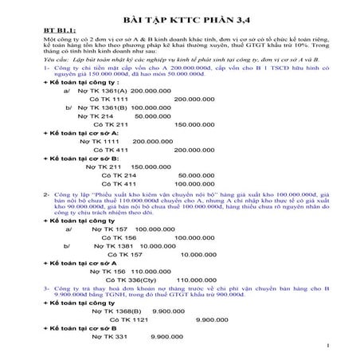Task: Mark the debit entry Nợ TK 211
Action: pos(102,167)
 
